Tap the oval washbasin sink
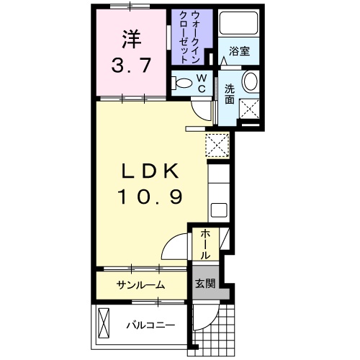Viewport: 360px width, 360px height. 250,82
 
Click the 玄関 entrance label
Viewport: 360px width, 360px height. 204,284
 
